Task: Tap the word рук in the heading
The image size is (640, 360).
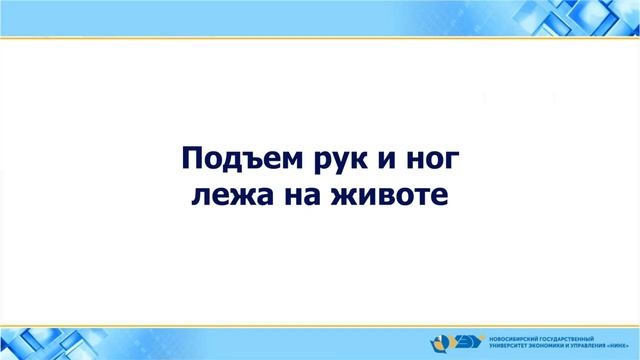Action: [328, 160]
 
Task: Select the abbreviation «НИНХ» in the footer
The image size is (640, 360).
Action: [626, 345]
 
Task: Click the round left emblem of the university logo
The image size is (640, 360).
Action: [443, 341]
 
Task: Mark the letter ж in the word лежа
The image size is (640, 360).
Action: [233, 195]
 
